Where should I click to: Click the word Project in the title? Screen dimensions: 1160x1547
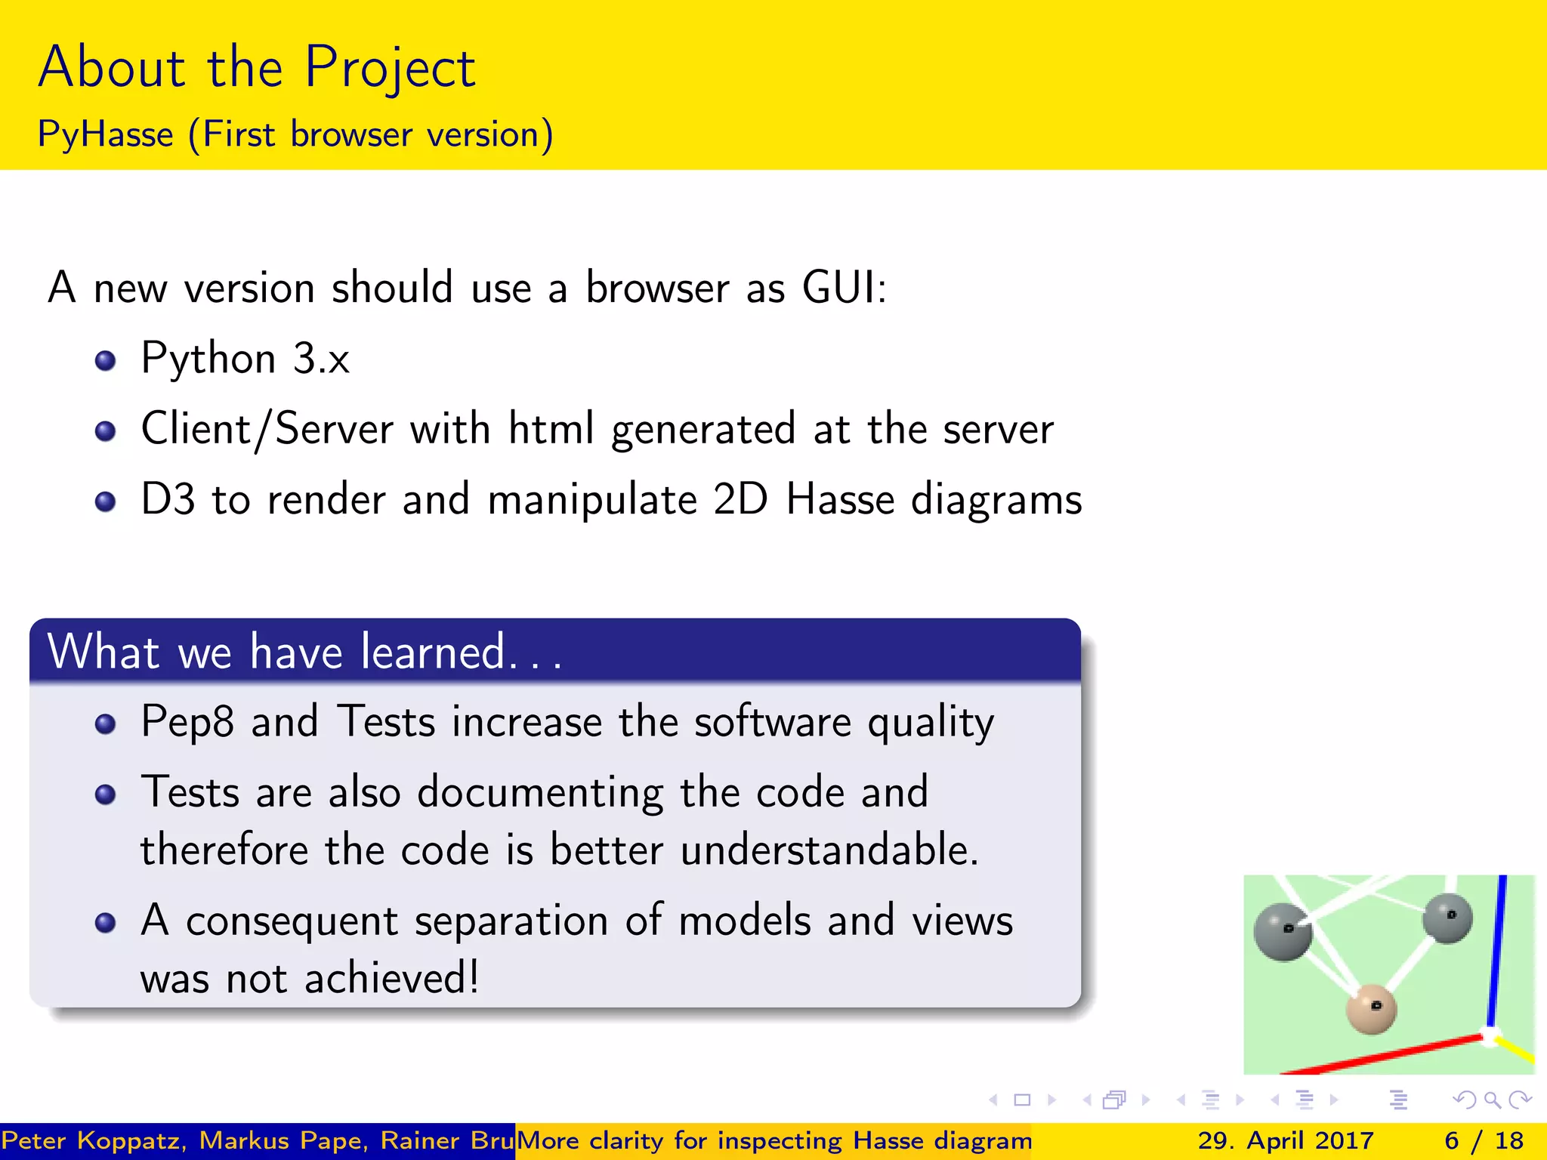[390, 68]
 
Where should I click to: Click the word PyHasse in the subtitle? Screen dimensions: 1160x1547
[106, 135]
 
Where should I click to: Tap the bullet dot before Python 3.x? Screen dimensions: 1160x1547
[106, 360]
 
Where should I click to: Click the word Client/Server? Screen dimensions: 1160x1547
[267, 429]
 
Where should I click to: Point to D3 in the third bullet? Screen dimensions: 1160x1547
[168, 500]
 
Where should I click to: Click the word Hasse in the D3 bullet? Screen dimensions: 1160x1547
[840, 500]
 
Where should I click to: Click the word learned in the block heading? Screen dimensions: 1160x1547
[433, 652]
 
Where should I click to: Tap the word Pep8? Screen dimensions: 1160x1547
[187, 722]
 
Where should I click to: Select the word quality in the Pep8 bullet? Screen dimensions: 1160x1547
[930, 722]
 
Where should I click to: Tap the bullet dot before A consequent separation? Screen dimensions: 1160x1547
[106, 923]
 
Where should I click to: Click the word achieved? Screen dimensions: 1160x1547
[391, 979]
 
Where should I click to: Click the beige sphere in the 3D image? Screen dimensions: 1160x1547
[1371, 1009]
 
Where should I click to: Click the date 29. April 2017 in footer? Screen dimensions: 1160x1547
[1285, 1140]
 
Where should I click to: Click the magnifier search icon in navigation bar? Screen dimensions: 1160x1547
[1492, 1100]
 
